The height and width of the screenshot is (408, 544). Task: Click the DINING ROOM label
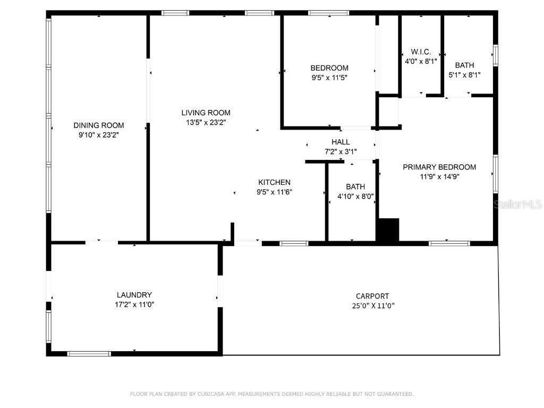click(99, 125)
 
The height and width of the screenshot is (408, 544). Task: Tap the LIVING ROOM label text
click(206, 113)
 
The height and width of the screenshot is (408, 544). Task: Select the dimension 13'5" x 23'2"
click(206, 122)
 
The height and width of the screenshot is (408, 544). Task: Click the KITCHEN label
click(274, 182)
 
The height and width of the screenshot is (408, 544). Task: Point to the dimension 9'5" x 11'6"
click(274, 192)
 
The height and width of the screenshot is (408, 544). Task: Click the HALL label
click(341, 142)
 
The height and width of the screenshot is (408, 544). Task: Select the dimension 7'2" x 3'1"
click(341, 151)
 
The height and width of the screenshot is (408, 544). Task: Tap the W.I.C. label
click(421, 52)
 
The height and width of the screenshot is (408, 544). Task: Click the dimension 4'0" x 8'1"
click(421, 61)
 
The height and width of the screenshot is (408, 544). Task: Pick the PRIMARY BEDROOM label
click(439, 167)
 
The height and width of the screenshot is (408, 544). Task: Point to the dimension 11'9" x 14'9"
click(439, 176)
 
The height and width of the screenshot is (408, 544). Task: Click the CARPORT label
click(372, 296)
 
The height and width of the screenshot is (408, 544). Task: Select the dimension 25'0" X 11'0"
click(372, 305)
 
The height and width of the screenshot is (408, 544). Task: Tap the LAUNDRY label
click(134, 295)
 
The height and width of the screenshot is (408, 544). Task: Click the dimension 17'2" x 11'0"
click(134, 304)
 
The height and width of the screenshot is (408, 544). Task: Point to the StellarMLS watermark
click(517, 204)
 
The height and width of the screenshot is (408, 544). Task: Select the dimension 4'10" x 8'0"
click(355, 196)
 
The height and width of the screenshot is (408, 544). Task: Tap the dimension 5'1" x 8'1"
click(464, 75)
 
